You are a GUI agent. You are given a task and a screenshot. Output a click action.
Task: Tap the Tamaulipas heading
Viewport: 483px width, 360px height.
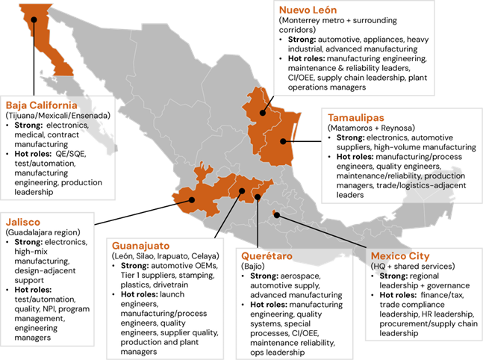point(362,117)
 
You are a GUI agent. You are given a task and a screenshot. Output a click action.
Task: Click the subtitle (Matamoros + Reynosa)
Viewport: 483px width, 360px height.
point(373,128)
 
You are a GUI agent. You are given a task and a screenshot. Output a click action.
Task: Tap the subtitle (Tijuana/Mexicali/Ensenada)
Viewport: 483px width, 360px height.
point(58,115)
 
